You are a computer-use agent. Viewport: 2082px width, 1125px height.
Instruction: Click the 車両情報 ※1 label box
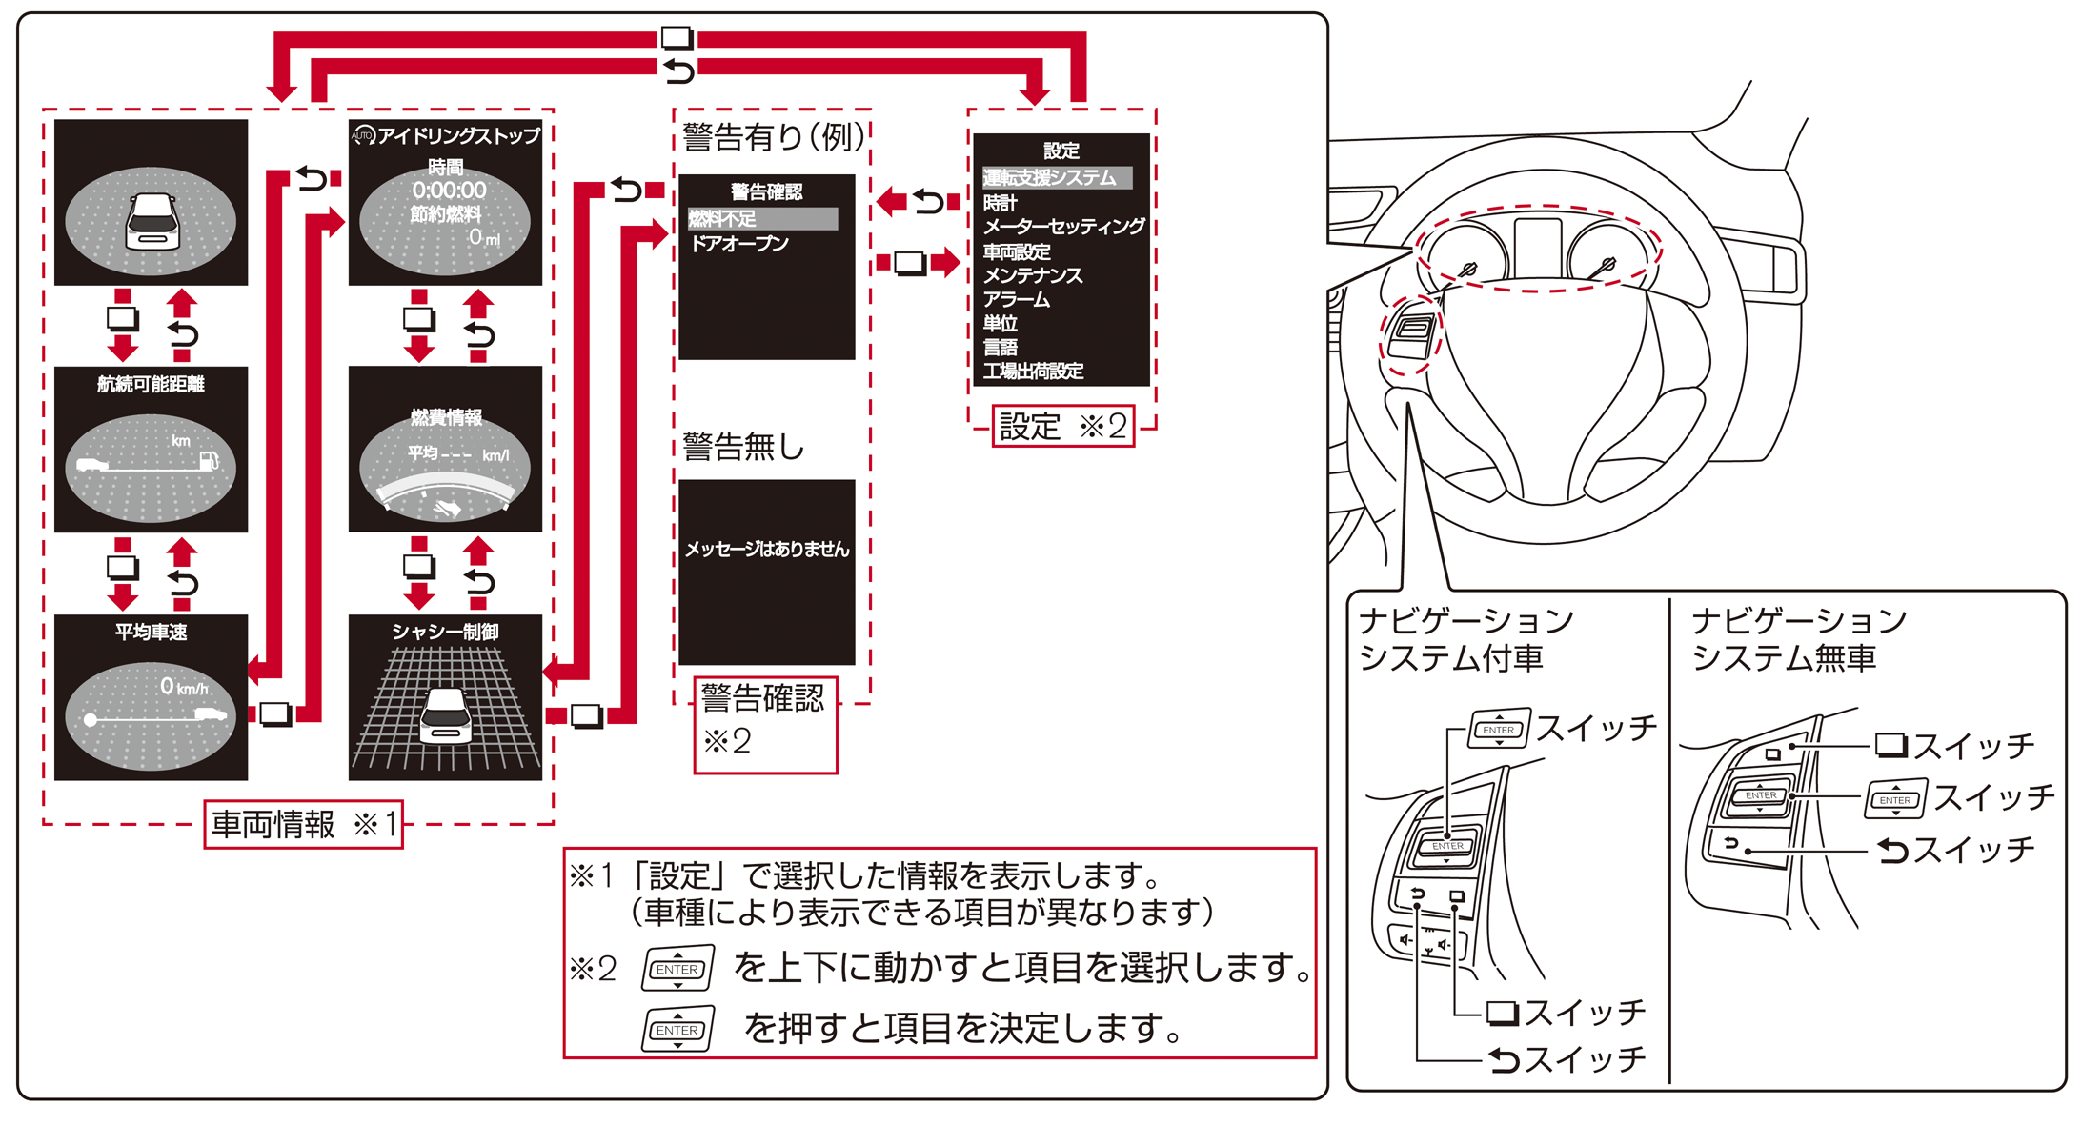pos(303,824)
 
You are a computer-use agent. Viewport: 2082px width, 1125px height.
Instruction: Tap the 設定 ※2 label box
pos(1062,426)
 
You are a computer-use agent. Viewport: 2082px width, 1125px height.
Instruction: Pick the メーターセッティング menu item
pos(1063,227)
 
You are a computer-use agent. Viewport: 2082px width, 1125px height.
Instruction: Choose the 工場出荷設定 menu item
pos(1033,371)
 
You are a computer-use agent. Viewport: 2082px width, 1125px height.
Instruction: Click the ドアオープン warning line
pos(739,244)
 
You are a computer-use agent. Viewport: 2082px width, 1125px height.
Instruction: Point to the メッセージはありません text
pos(766,549)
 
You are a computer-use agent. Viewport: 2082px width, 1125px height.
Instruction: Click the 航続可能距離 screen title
pos(151,384)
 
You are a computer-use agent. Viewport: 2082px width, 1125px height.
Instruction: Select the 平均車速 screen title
pos(151,632)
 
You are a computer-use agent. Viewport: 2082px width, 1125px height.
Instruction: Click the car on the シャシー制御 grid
pos(446,716)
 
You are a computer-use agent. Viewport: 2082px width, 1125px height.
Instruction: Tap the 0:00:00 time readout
pos(449,190)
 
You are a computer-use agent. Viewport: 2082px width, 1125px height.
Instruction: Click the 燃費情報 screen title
pos(446,417)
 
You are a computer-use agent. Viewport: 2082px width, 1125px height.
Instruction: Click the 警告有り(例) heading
pos(773,137)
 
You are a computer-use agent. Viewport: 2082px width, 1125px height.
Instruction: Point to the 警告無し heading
pos(743,446)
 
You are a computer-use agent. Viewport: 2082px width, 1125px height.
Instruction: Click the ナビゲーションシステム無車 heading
pos(1798,639)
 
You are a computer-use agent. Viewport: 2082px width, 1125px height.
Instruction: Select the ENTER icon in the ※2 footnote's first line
pos(677,969)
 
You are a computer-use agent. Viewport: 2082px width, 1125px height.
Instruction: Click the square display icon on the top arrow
pos(677,38)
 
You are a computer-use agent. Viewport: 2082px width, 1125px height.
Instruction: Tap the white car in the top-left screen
pos(152,221)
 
